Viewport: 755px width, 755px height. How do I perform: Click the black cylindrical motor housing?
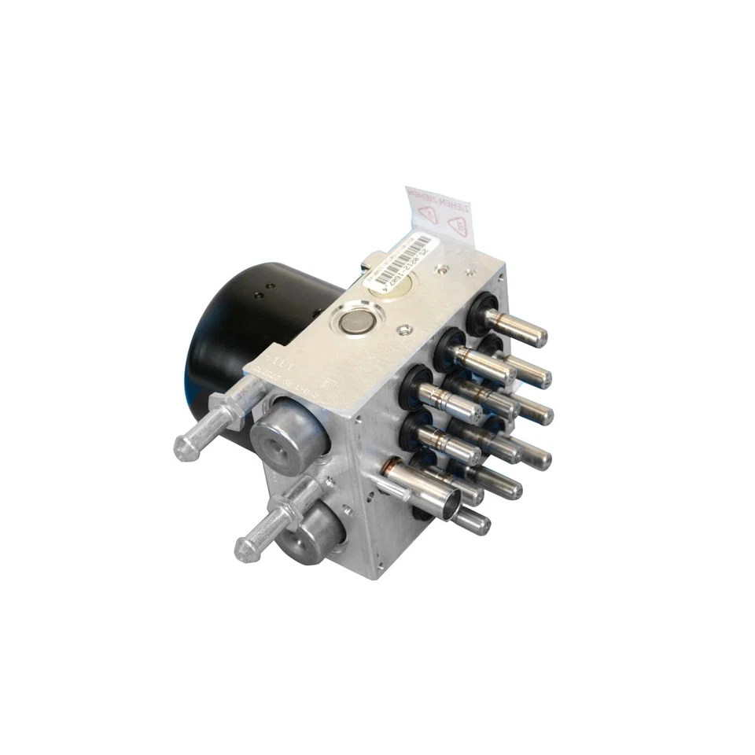236,330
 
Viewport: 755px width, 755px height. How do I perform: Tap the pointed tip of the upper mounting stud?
182,448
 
